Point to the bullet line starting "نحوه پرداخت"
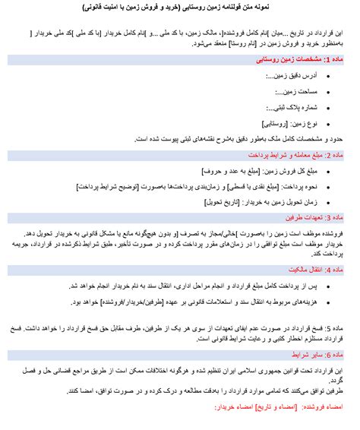point(251,186)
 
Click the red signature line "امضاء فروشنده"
point(312,407)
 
